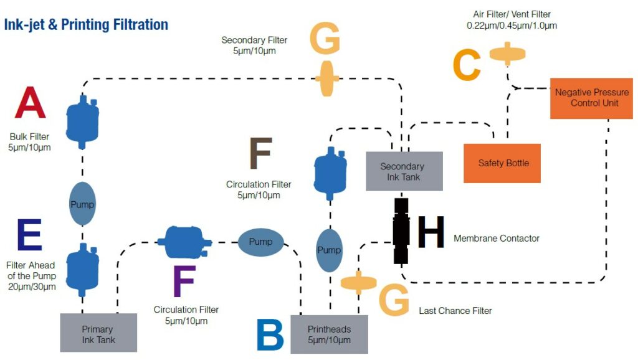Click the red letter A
31,103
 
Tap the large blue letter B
270,335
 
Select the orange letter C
467,65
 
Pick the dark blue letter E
30,235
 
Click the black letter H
431,233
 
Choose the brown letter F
260,153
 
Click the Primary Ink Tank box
98,333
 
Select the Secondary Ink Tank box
404,171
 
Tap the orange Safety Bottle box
502,163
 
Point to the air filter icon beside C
508,54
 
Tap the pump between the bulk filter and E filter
82,204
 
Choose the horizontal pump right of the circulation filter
260,241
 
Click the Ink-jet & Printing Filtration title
86,26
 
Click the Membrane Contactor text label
497,239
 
